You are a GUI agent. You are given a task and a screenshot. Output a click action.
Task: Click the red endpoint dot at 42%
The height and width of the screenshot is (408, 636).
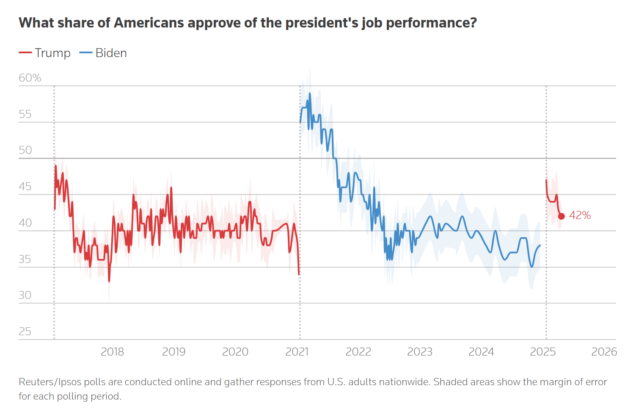562,216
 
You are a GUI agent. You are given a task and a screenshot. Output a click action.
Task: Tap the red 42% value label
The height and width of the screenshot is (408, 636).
580,215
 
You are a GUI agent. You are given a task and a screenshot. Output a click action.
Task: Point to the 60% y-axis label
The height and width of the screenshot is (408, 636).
30,78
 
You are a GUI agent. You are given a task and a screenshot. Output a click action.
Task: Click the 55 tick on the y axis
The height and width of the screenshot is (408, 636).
25,114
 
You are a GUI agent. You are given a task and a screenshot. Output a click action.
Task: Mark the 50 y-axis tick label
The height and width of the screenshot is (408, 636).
25,150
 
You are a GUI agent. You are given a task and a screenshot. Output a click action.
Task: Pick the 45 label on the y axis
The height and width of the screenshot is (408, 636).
25,186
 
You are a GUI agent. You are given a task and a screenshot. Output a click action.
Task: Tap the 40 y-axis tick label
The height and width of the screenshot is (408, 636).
25,223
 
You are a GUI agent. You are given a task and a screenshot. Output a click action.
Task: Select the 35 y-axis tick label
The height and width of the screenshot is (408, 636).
25,259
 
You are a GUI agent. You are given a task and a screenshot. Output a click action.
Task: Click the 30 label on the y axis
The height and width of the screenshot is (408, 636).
25,295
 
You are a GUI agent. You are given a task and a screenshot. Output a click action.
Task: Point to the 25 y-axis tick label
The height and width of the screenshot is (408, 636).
25,331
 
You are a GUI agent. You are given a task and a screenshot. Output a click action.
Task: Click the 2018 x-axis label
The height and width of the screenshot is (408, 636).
112,352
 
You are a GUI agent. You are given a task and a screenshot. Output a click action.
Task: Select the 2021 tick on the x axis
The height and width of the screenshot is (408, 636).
297,352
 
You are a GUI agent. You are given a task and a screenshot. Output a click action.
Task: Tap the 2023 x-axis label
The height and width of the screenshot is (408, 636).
420,352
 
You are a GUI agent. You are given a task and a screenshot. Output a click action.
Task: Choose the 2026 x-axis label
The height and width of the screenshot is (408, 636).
604,352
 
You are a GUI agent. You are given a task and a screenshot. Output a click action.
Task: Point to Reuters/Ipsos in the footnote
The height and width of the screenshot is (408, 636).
50,382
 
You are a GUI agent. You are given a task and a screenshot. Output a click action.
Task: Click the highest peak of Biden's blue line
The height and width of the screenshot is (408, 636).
310,93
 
